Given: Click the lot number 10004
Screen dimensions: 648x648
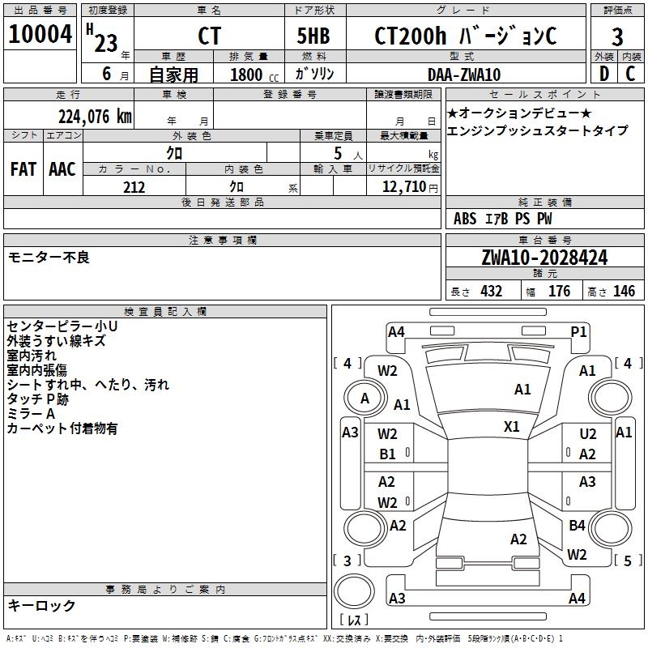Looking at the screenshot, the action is coord(40,35).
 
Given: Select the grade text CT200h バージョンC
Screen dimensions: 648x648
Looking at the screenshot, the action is coord(466,36).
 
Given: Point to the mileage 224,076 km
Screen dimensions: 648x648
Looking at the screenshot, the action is coord(95,117).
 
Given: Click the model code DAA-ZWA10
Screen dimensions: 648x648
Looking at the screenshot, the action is coord(463,75).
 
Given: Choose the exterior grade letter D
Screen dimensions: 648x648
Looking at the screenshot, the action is coord(603,75).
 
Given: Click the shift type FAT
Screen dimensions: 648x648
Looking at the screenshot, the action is coord(23,169).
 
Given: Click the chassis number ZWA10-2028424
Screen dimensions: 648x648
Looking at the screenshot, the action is coord(544,258).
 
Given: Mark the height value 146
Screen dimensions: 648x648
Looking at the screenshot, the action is coord(624,292).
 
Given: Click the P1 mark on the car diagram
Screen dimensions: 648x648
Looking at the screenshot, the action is coord(578,331).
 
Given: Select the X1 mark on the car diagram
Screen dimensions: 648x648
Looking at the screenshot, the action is coord(512,426).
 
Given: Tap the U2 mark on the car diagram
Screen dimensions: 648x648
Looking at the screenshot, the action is coord(588,435).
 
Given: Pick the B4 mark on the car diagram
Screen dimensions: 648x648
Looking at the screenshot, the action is coord(577,526).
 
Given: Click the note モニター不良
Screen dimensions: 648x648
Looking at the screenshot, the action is coord(49,258).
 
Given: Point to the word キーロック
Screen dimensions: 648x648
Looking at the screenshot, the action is coord(41,605).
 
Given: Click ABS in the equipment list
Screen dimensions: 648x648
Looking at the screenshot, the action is coord(465,219).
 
